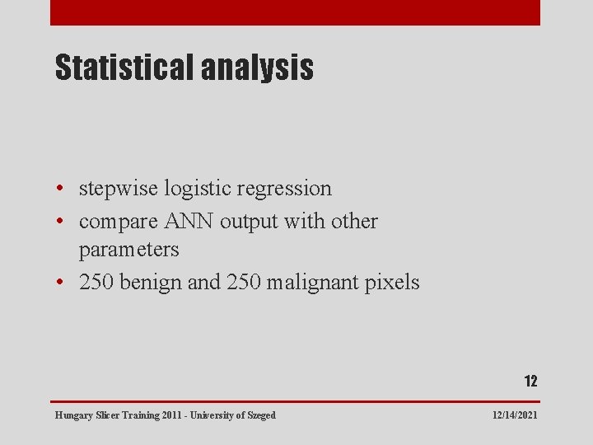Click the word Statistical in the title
click(x=124, y=68)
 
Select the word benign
click(x=152, y=283)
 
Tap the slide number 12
click(x=530, y=381)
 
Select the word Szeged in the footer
click(x=259, y=415)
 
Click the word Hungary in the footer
click(x=73, y=415)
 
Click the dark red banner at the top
click(x=295, y=12)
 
